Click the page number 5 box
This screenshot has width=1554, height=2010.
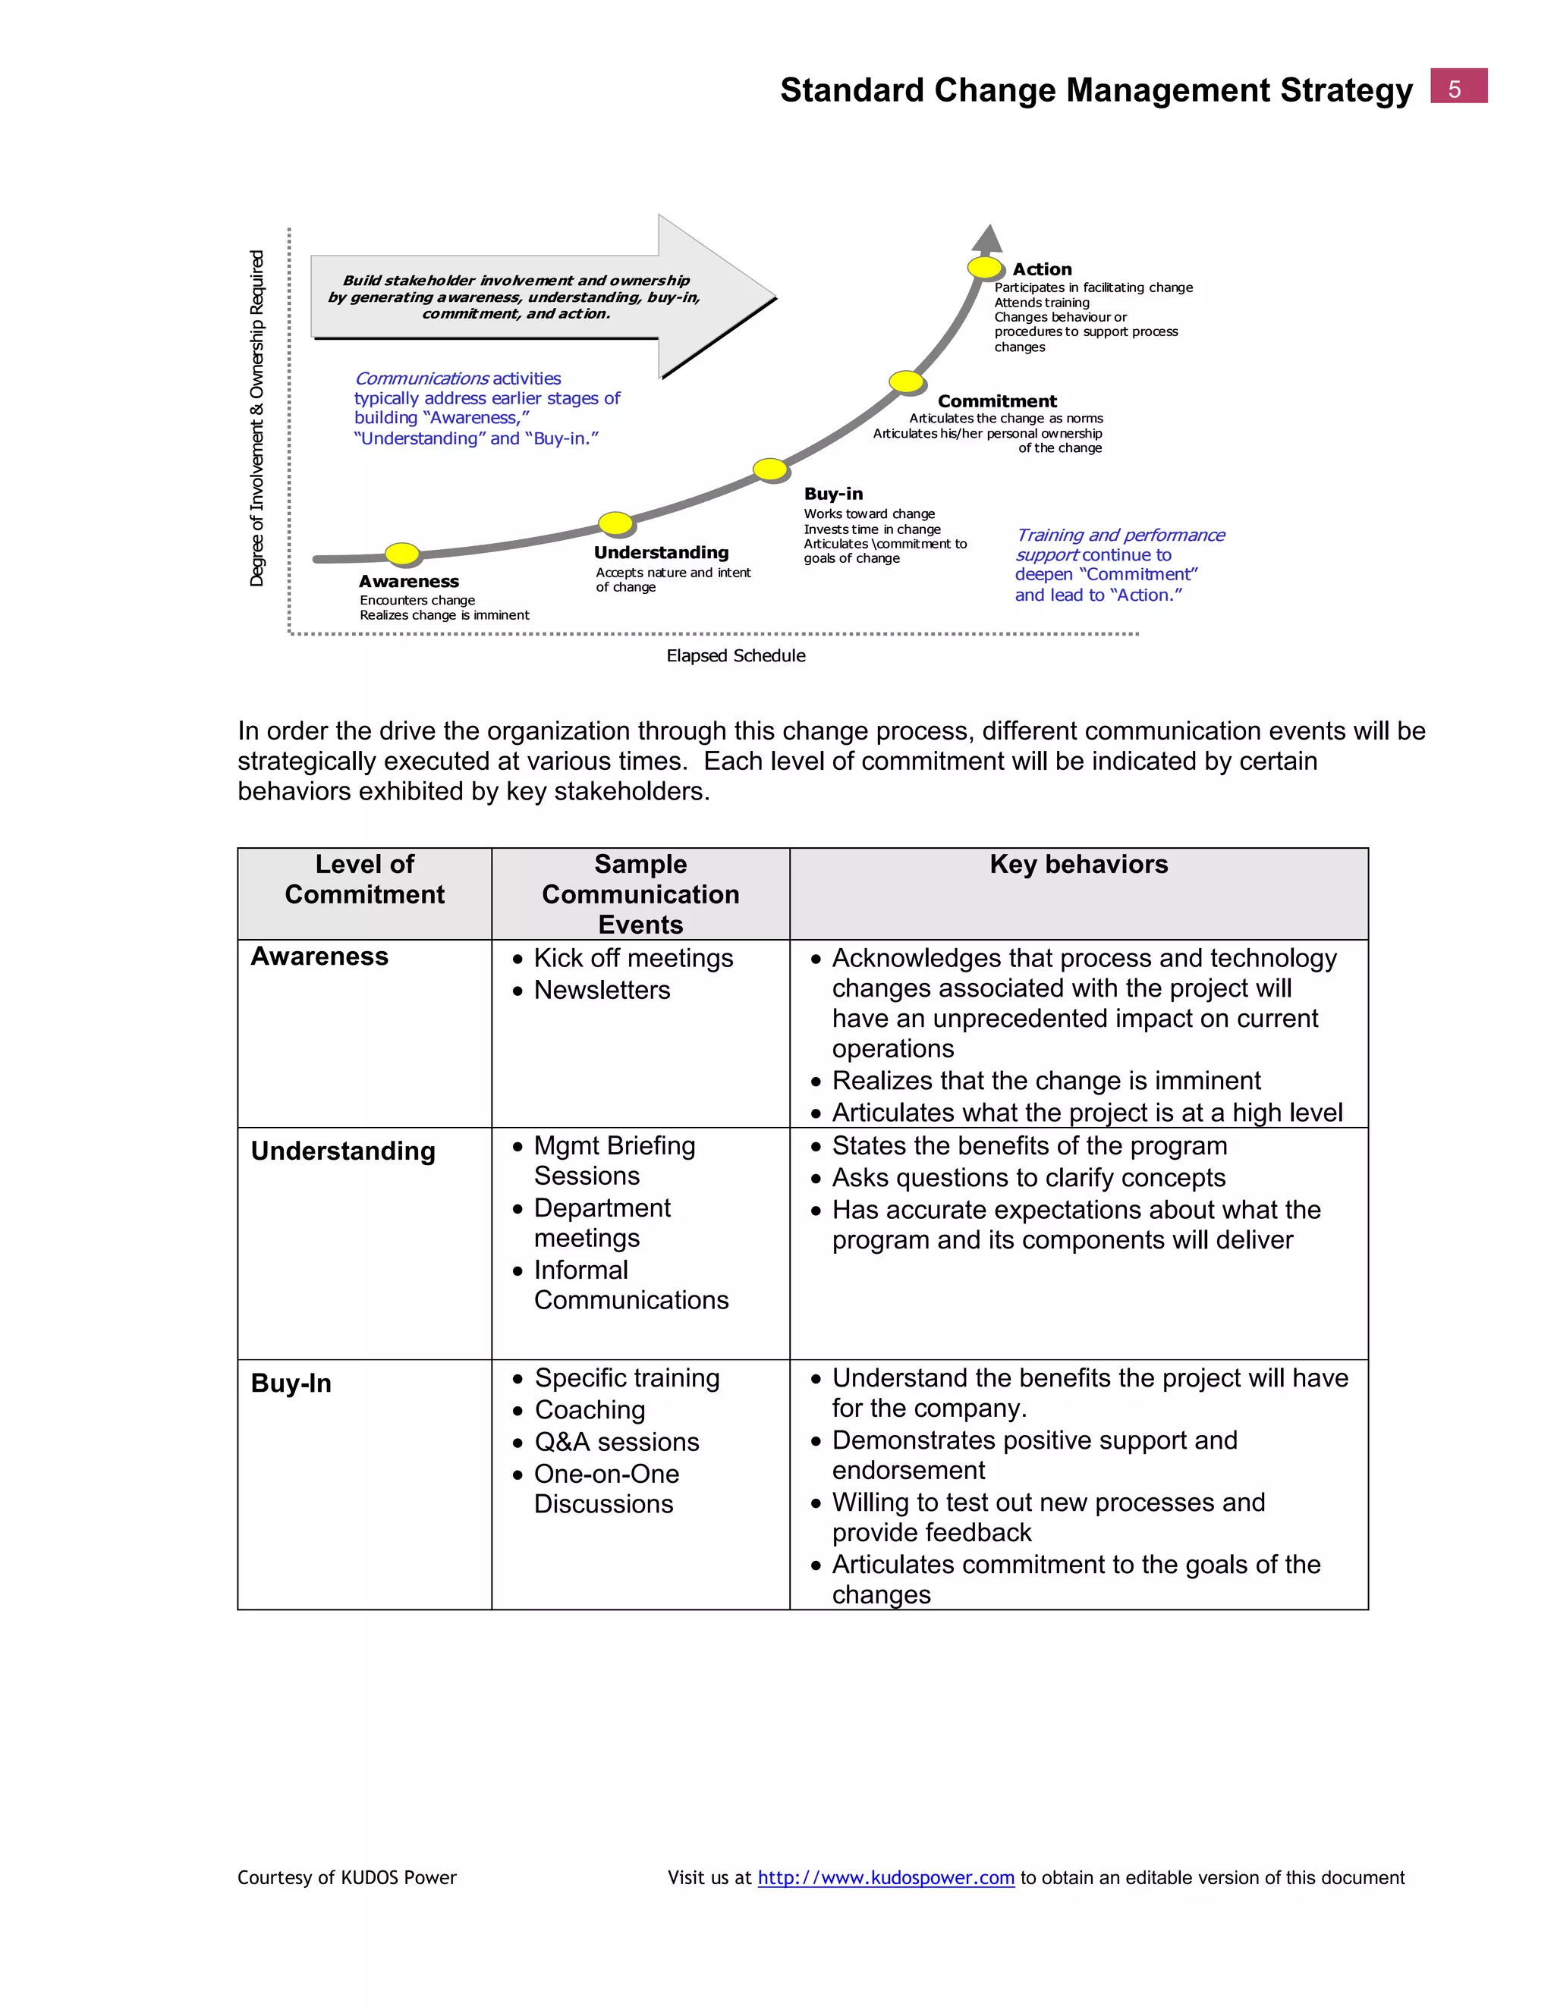click(1458, 86)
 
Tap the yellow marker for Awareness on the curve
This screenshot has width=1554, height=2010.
click(402, 553)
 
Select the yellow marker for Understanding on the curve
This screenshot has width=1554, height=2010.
click(616, 523)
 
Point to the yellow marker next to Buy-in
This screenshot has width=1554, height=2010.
click(769, 470)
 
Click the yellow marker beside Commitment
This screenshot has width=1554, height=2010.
click(906, 381)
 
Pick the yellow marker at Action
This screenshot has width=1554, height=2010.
click(984, 268)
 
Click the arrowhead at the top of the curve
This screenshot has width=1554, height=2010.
click(988, 237)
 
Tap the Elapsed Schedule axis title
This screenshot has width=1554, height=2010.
click(735, 655)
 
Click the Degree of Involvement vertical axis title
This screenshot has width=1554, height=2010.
click(257, 418)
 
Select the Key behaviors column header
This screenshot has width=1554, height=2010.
click(1078, 864)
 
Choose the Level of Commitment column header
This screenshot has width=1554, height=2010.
click(364, 879)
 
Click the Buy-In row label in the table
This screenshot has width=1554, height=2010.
click(291, 1383)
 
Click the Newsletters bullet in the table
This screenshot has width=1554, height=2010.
click(601, 991)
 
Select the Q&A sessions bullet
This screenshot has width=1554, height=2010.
click(617, 1442)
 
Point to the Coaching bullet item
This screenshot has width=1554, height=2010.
click(590, 1410)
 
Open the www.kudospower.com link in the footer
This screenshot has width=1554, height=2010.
click(886, 1877)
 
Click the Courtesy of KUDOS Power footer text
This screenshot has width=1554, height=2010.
click(347, 1877)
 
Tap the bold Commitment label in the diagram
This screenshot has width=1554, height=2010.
click(997, 401)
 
